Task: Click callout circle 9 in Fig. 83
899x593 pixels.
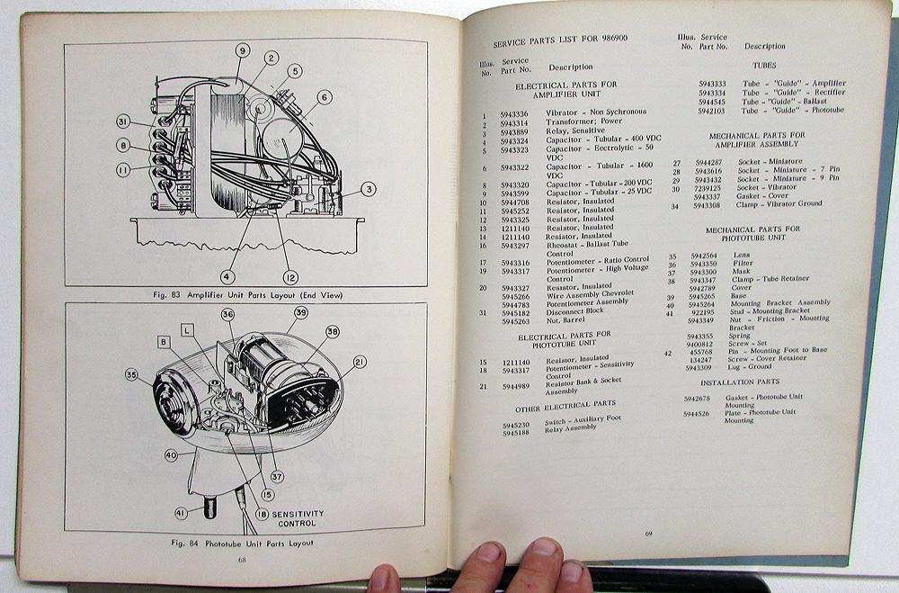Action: (x=242, y=51)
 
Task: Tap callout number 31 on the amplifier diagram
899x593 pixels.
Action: (x=123, y=122)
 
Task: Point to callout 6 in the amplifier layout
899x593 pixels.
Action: (x=324, y=97)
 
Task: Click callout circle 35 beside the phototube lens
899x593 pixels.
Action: (x=132, y=374)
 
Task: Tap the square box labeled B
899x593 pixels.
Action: (x=165, y=342)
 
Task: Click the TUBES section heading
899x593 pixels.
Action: (x=765, y=65)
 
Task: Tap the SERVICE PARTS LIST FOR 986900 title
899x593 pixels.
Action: (x=557, y=43)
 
